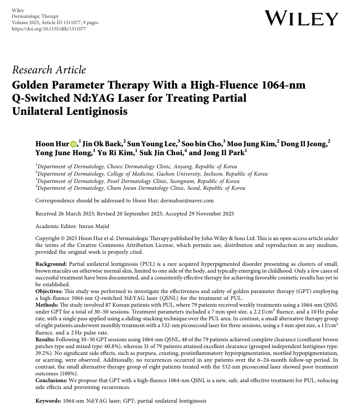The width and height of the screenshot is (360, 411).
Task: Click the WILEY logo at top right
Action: click(x=301, y=18)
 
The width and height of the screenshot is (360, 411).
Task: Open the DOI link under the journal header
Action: click(x=49, y=29)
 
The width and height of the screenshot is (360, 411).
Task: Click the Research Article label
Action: click(x=49, y=70)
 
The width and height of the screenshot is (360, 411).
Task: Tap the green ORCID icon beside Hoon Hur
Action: click(x=73, y=145)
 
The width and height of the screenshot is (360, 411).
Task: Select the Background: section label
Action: click(x=51, y=263)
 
